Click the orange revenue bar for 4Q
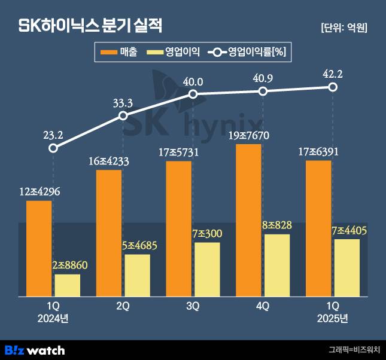248,219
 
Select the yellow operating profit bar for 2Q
138,275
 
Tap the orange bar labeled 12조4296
39,248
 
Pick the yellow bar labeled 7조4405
347,267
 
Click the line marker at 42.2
333,87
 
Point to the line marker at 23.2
53,148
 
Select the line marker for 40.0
193,94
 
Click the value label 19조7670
249,135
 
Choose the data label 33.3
123,103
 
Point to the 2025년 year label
333,319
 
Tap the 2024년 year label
53,319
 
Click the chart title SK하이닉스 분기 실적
91,26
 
